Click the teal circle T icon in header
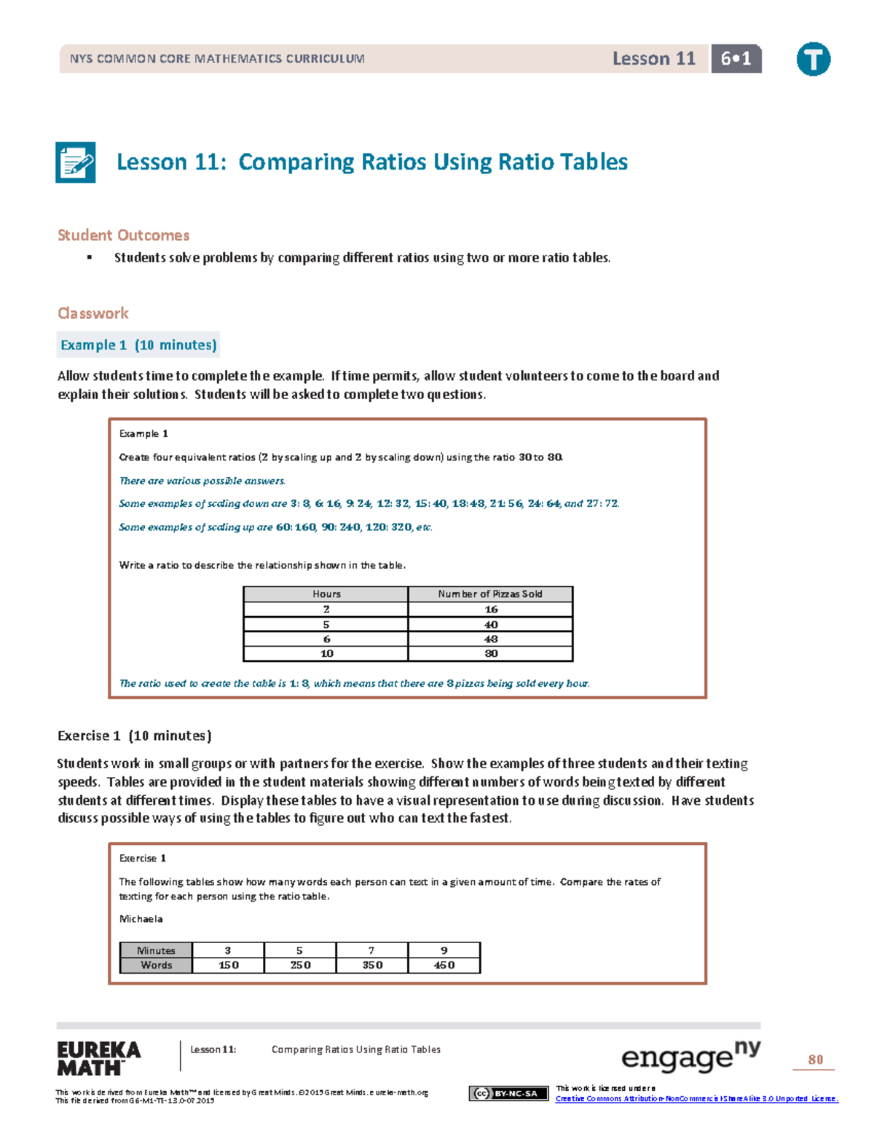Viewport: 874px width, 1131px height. [813, 59]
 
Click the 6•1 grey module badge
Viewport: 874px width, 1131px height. [736, 59]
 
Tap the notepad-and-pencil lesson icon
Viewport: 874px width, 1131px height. [76, 162]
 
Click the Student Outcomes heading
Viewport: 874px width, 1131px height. [123, 235]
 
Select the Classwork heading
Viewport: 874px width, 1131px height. [93, 313]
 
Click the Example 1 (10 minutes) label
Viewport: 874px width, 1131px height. [138, 345]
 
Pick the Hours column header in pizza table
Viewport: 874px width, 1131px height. [326, 594]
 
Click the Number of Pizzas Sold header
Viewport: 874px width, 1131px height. [490, 594]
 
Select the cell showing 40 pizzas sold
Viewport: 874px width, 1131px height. [491, 625]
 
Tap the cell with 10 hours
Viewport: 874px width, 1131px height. [326, 654]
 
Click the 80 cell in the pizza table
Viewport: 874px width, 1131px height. [491, 654]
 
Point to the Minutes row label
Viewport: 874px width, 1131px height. [156, 950]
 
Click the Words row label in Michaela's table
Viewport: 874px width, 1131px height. [156, 965]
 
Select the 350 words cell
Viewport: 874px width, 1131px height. [372, 965]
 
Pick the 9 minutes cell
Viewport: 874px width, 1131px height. [444, 950]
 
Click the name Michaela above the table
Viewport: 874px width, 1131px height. [141, 919]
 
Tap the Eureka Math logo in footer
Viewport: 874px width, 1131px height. [99, 1059]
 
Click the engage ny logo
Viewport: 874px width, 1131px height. [690, 1057]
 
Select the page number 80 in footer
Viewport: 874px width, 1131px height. [815, 1060]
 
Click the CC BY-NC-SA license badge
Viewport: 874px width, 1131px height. [508, 1093]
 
